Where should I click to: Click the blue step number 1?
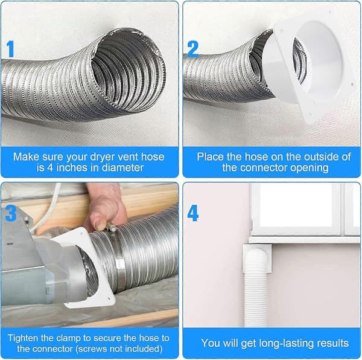pos(10,48)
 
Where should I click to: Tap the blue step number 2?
pos(193,49)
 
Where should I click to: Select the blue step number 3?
pos(11,213)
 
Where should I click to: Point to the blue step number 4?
pos(193,213)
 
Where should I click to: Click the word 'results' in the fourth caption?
pos(332,343)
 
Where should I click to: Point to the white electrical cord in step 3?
pos(46,208)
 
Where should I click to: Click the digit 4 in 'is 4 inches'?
pos(50,167)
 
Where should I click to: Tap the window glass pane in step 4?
pos(296,205)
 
